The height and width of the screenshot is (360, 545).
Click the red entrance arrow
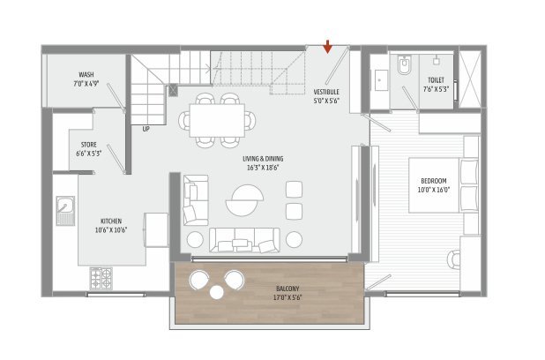(328, 46)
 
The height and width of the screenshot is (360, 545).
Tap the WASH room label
(86, 75)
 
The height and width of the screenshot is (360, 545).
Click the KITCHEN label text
(111, 221)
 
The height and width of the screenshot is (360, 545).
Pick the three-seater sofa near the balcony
(245, 239)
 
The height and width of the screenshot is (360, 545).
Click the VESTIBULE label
(326, 92)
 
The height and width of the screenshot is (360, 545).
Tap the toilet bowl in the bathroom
(405, 65)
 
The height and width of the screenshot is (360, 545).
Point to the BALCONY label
(287, 289)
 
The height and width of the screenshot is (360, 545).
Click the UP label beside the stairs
(146, 129)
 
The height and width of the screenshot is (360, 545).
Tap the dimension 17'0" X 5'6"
(287, 297)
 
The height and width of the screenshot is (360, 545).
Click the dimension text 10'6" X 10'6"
(111, 229)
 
